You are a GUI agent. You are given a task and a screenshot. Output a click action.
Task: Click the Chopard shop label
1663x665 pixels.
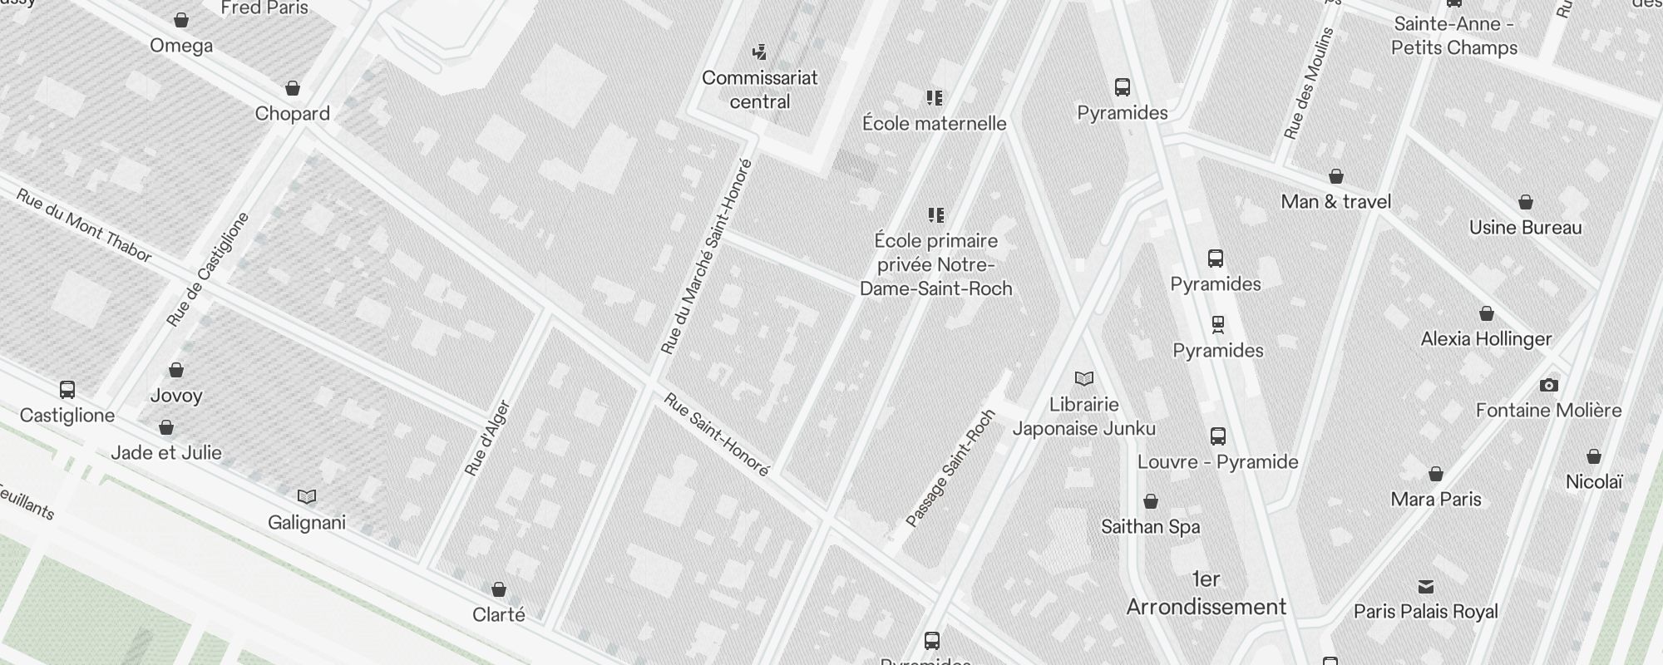click(292, 114)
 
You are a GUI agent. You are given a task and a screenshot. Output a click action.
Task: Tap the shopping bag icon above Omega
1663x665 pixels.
click(181, 20)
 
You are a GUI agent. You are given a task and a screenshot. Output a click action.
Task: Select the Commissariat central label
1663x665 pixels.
click(759, 90)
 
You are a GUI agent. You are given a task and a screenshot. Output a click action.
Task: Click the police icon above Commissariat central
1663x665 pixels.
click(759, 53)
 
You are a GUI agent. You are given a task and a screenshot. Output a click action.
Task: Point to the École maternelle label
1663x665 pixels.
click(934, 124)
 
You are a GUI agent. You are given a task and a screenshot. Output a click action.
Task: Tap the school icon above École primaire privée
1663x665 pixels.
click(936, 216)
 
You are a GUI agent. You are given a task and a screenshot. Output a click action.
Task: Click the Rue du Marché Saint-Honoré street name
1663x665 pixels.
click(706, 257)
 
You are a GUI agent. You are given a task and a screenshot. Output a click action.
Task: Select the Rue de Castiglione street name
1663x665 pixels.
click(208, 269)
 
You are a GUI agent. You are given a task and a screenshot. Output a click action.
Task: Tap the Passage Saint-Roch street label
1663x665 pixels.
click(950, 468)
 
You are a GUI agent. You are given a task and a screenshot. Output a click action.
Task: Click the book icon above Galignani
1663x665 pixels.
click(307, 497)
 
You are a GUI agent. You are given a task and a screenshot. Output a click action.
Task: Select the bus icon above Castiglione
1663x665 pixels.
click(67, 390)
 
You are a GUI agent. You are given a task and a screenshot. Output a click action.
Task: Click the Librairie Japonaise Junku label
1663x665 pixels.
click(1083, 416)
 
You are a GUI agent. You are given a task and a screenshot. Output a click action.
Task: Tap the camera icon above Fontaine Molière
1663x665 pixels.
click(1548, 385)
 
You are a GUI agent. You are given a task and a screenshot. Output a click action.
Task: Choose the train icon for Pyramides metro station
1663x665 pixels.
click(1218, 324)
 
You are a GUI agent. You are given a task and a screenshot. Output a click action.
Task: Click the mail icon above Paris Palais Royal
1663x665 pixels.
click(1426, 587)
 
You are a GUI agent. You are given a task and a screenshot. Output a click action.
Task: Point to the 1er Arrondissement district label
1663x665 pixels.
click(1206, 594)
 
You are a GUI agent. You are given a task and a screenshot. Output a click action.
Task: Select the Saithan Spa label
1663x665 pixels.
click(1150, 527)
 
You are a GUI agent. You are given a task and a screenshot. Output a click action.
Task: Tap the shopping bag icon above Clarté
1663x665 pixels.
click(499, 589)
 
